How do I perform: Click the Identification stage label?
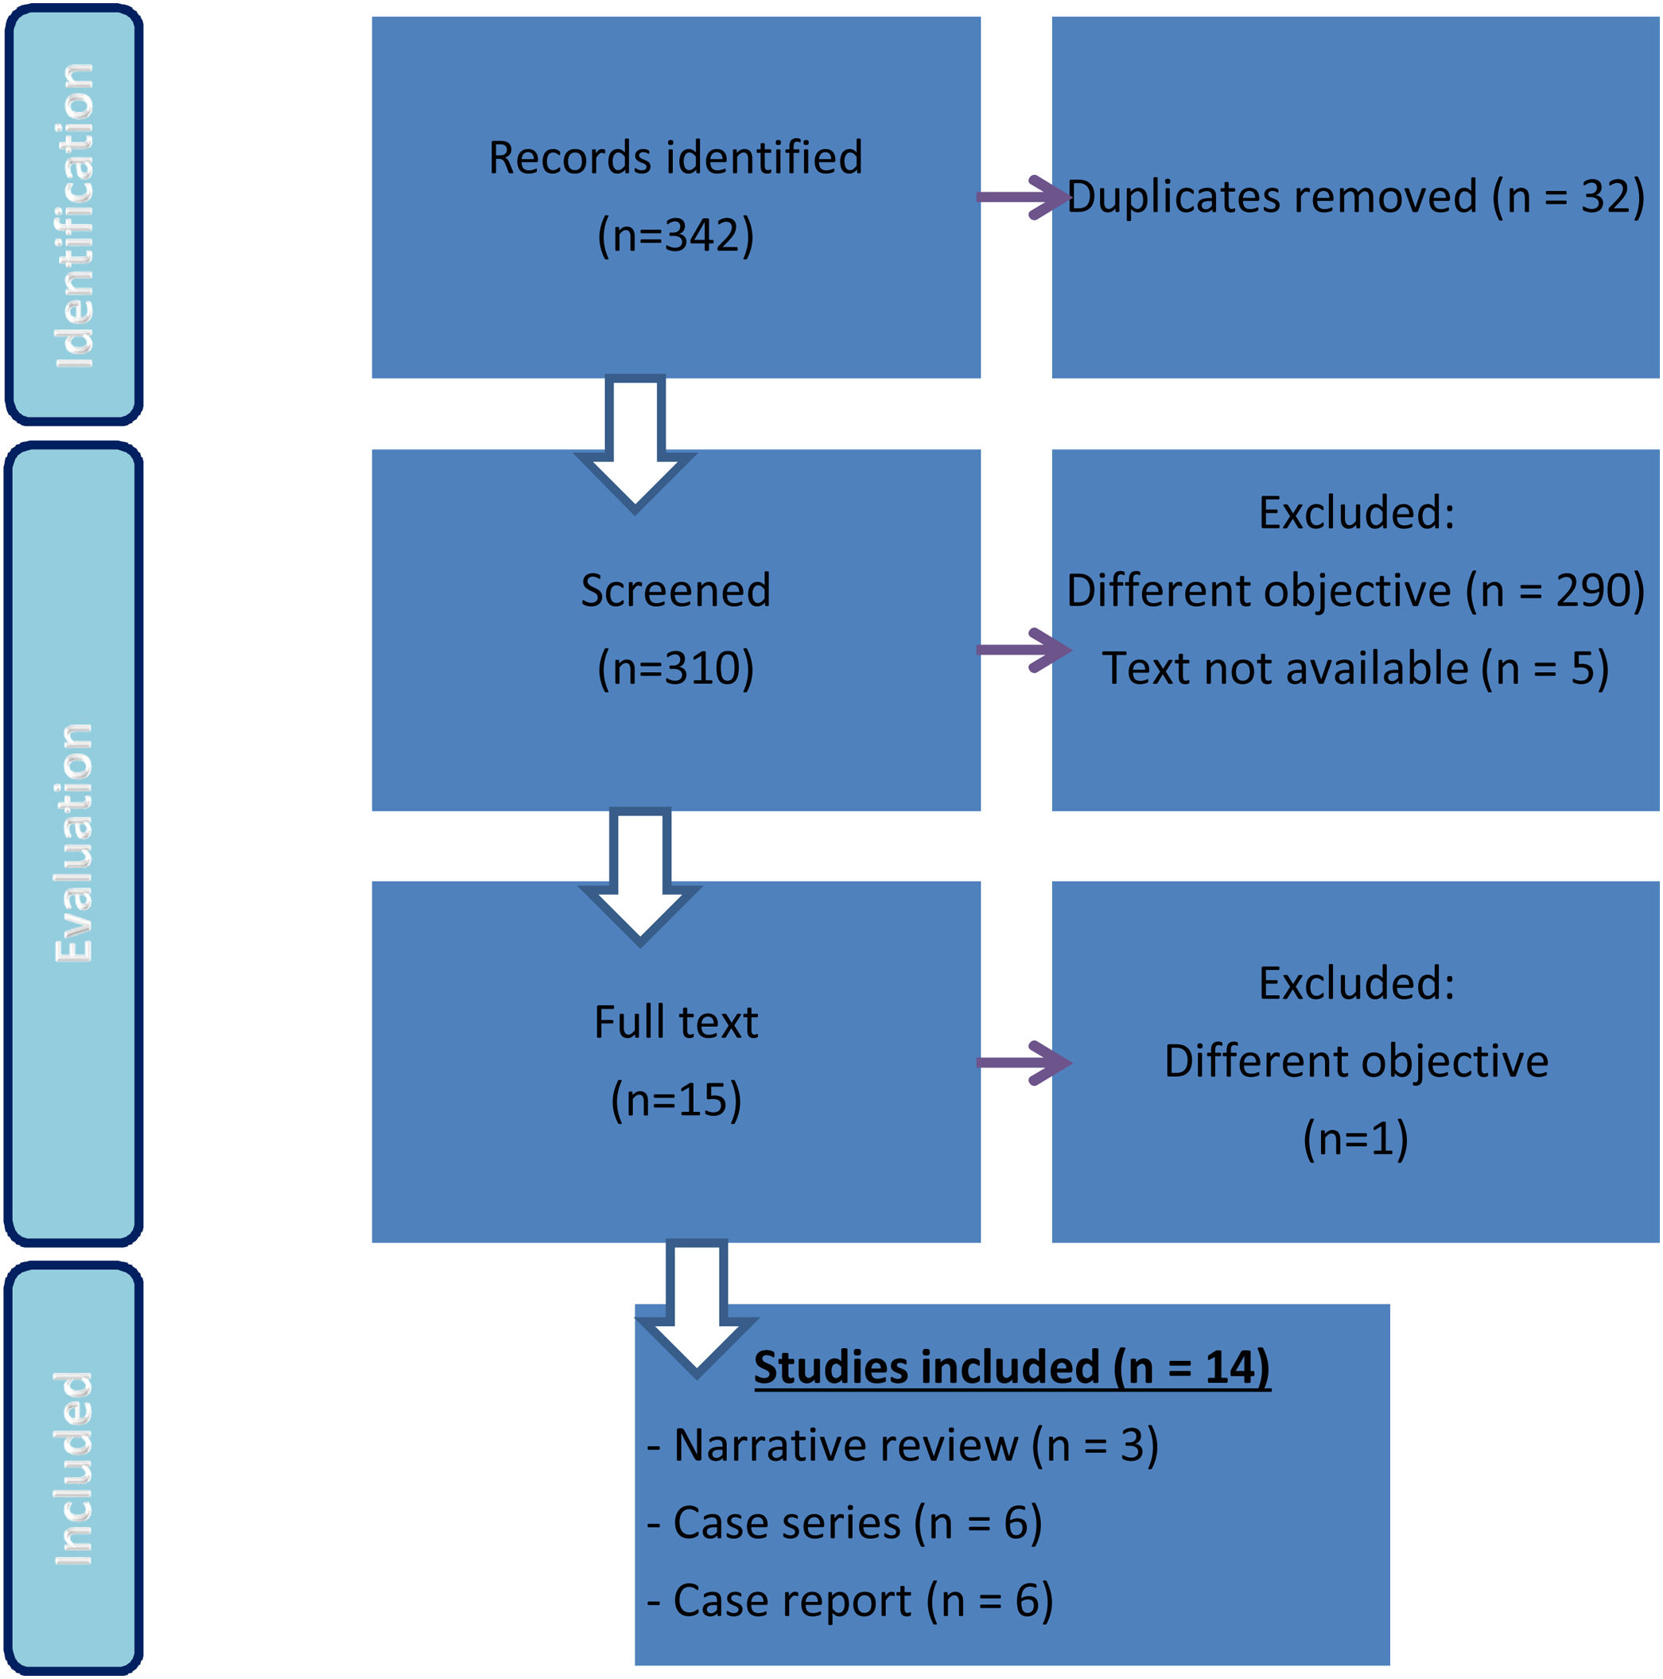(x=74, y=216)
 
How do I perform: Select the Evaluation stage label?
(x=74, y=843)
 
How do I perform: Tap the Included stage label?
(x=74, y=1469)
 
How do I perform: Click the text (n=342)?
(x=675, y=235)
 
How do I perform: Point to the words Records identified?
(x=675, y=158)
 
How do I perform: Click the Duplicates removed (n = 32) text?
(x=1354, y=196)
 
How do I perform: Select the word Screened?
(x=675, y=591)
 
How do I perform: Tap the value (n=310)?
(x=675, y=668)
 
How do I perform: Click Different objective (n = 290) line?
(x=1354, y=591)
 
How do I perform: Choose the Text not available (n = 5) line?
(x=1354, y=668)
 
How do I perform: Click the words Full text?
(x=675, y=1022)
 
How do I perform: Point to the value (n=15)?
(x=675, y=1099)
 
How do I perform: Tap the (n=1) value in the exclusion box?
(x=1354, y=1138)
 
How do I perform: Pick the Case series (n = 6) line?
(x=844, y=1522)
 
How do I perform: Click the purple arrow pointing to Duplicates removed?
(x=1022, y=197)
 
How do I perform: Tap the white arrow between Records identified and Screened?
(x=635, y=443)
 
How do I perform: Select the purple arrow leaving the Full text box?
(x=1022, y=1062)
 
